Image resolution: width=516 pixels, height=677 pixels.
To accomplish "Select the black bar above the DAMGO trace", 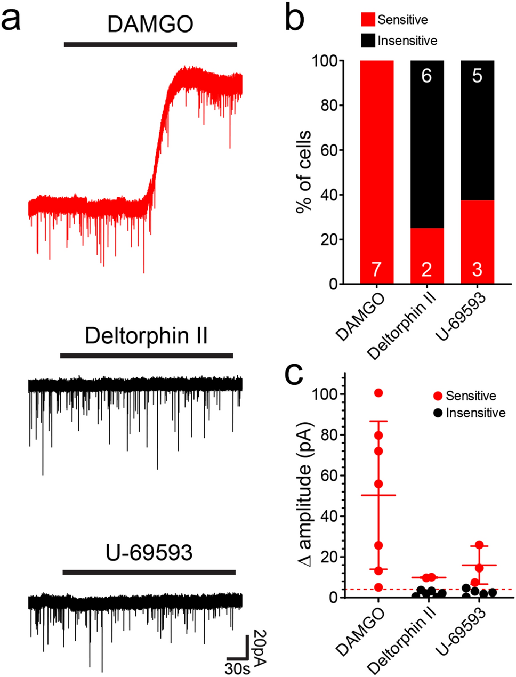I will tap(150, 44).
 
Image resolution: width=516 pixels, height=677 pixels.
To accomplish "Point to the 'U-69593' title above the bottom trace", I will tap(149, 553).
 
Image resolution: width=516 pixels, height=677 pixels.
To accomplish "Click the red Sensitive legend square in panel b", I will tap(368, 20).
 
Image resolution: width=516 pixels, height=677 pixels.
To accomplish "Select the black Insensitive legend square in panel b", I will tap(368, 41).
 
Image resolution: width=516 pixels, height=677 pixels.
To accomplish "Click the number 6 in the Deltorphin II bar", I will tap(426, 76).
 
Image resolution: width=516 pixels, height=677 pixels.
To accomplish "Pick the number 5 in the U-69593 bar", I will tap(477, 76).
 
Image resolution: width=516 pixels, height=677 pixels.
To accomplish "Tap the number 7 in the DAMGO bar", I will tap(376, 270).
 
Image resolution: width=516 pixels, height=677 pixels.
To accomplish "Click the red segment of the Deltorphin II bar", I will tap(427, 256).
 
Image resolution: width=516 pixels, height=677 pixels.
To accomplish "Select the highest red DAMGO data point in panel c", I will tap(378, 393).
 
